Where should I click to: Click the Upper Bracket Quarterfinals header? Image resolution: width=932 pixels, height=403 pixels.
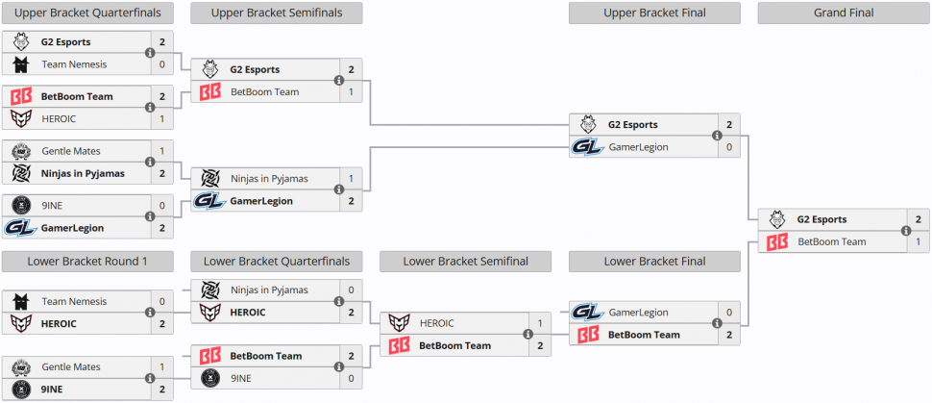click(87, 13)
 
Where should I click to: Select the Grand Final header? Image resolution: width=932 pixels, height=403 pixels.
click(843, 13)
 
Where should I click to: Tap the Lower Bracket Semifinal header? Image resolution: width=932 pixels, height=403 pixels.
click(466, 261)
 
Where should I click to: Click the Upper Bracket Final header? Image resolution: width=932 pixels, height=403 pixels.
click(654, 13)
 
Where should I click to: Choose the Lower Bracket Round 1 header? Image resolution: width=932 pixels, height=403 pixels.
click(87, 261)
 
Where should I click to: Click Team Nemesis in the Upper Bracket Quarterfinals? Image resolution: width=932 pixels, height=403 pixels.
click(74, 64)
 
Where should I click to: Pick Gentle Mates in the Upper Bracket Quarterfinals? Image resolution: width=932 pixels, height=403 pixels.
click(71, 151)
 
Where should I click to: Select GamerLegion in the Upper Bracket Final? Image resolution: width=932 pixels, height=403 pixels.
click(638, 147)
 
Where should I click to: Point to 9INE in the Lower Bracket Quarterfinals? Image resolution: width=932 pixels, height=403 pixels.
click(244, 378)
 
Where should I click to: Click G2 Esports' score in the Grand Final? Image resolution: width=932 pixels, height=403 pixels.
click(919, 219)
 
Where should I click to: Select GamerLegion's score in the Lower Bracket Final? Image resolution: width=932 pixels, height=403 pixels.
click(729, 313)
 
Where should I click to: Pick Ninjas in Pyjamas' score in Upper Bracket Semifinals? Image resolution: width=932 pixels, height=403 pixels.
click(352, 179)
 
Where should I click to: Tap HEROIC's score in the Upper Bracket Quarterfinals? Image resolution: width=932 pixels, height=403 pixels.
click(162, 118)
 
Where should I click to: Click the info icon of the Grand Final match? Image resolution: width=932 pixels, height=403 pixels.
click(905, 231)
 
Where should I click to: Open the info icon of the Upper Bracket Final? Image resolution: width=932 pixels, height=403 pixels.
click(717, 136)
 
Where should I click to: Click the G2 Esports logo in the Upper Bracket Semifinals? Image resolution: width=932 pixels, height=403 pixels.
click(209, 69)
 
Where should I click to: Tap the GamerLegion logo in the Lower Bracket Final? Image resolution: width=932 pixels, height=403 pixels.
click(586, 313)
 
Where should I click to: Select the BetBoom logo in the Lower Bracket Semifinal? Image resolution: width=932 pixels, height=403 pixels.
click(398, 345)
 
